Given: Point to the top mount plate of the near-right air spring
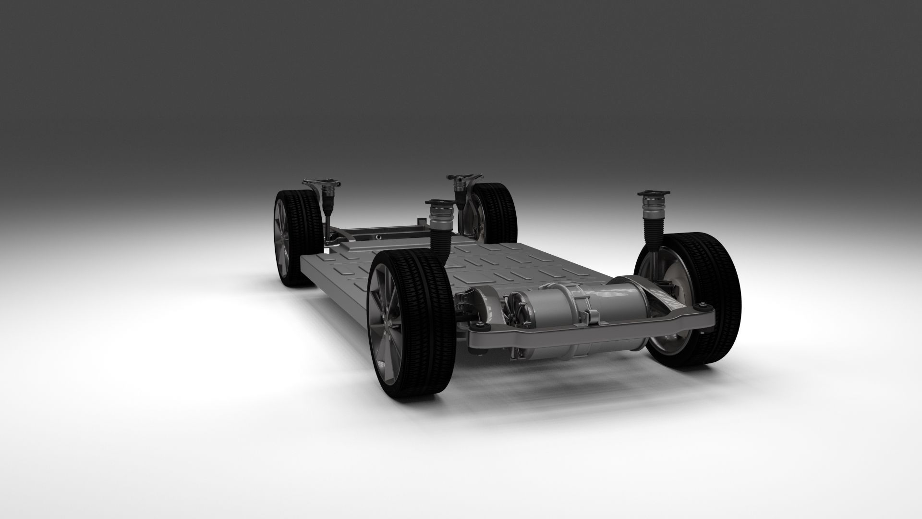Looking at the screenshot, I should (654, 194).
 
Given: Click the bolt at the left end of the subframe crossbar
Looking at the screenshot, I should (481, 328).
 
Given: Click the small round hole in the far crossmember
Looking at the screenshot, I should (379, 236).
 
